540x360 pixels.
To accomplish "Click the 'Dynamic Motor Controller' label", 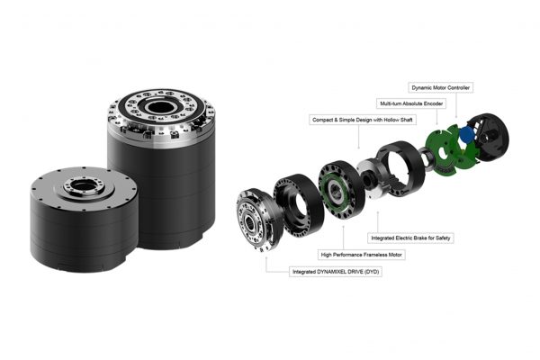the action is (440, 87).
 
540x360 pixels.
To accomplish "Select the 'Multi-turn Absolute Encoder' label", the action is (411, 103).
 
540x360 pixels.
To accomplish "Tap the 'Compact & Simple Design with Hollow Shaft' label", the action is (363, 120).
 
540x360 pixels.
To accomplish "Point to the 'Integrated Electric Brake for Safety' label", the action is (410, 238).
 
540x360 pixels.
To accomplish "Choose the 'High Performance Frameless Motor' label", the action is (361, 255).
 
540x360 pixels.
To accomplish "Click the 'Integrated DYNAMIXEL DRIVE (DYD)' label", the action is (336, 272).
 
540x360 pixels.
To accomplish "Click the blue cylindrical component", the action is (466, 134).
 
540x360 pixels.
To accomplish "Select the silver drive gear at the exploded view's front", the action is (258, 219).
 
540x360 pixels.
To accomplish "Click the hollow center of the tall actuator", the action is (161, 107).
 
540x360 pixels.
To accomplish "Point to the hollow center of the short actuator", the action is (84, 186).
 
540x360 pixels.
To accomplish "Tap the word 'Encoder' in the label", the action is (433, 103).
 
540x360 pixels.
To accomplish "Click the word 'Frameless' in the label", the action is (373, 255).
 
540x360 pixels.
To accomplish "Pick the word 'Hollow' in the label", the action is (391, 120).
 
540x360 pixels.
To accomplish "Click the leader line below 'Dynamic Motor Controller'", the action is (456, 105).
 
